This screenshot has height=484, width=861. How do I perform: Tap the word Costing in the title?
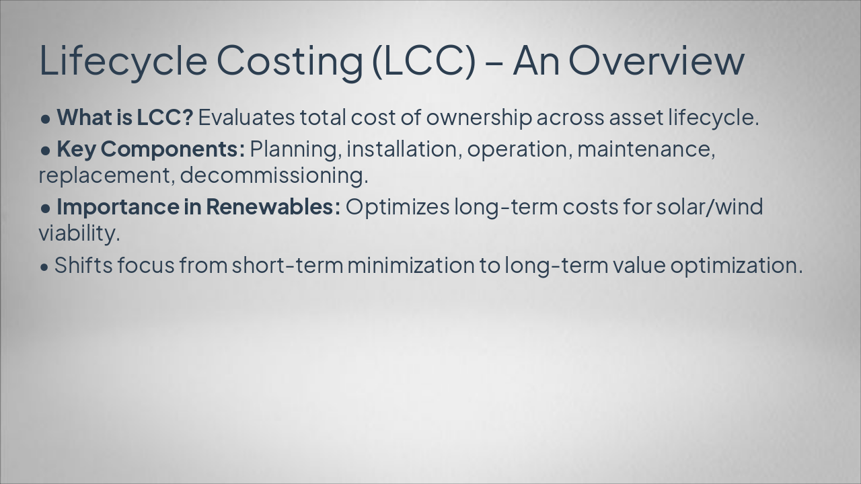tap(289, 60)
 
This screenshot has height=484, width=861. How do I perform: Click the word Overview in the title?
tap(656, 60)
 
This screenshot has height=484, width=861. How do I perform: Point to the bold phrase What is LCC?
tap(124, 117)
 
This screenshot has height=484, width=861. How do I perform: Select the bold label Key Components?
tap(151, 149)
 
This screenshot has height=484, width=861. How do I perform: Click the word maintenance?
tap(645, 149)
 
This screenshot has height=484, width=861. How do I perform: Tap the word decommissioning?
tap(274, 175)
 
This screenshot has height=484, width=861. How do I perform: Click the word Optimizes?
tap(397, 207)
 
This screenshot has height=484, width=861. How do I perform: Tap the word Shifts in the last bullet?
tap(83, 265)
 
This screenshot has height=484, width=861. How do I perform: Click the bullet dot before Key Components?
tap(46, 150)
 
